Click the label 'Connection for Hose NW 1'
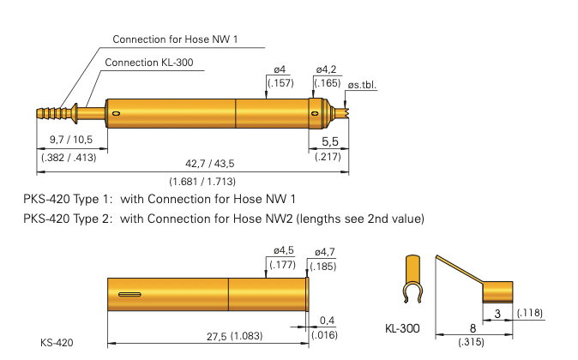click(175, 39)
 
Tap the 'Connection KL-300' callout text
click(149, 63)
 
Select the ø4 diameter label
click(280, 69)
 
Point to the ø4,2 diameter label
click(326, 69)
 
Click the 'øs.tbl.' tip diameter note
click(362, 85)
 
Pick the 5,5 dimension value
click(330, 141)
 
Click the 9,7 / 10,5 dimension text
click(71, 140)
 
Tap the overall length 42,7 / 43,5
click(210, 163)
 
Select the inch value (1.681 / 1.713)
click(202, 182)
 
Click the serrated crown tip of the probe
click(346, 113)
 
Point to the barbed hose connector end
click(53, 113)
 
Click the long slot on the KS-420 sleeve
click(129, 294)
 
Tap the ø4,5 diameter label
click(284, 250)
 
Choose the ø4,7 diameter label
click(325, 252)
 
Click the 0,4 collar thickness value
click(327, 321)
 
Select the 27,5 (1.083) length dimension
click(234, 336)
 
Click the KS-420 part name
click(57, 343)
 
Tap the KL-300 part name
click(402, 328)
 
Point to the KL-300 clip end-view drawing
click(412, 279)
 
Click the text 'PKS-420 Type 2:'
click(68, 219)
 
